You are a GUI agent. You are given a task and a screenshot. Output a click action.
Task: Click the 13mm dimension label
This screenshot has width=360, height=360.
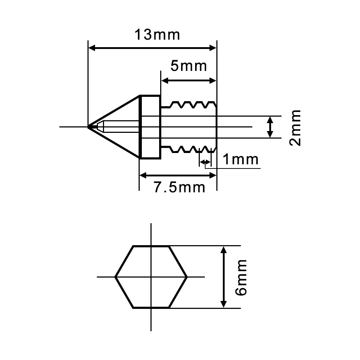[157, 35]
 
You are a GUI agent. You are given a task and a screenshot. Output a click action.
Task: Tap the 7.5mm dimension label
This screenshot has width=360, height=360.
[180, 188]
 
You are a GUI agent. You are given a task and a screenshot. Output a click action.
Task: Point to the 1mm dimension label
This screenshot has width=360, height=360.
[240, 159]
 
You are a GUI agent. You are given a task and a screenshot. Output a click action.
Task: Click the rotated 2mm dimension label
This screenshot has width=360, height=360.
[295, 127]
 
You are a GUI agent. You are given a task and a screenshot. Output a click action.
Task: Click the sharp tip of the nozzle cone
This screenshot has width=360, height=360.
[89, 127]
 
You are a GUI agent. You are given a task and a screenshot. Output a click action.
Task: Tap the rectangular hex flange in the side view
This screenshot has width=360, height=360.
[150, 127]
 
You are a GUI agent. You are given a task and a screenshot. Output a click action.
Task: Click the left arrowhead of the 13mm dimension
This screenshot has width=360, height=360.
[91, 48]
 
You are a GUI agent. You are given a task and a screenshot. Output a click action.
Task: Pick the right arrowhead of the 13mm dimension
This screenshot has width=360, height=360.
[213, 48]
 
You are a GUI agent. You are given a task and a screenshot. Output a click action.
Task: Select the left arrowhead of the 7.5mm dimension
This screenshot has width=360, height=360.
[143, 175]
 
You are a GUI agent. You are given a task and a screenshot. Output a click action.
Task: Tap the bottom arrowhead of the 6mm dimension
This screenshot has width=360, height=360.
[224, 305]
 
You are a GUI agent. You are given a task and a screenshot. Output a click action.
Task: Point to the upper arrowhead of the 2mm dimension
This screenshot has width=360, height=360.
[270, 119]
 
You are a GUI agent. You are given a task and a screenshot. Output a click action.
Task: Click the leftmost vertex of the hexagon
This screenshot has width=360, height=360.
[116, 277]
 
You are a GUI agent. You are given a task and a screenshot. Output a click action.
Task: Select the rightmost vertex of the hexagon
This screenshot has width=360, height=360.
[187, 277]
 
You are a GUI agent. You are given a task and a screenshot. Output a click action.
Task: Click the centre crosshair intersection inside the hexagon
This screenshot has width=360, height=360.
[151, 277]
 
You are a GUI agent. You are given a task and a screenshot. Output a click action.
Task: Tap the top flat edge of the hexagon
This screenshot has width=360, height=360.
[151, 246]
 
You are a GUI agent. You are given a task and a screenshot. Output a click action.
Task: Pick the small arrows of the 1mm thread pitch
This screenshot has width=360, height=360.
[205, 163]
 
